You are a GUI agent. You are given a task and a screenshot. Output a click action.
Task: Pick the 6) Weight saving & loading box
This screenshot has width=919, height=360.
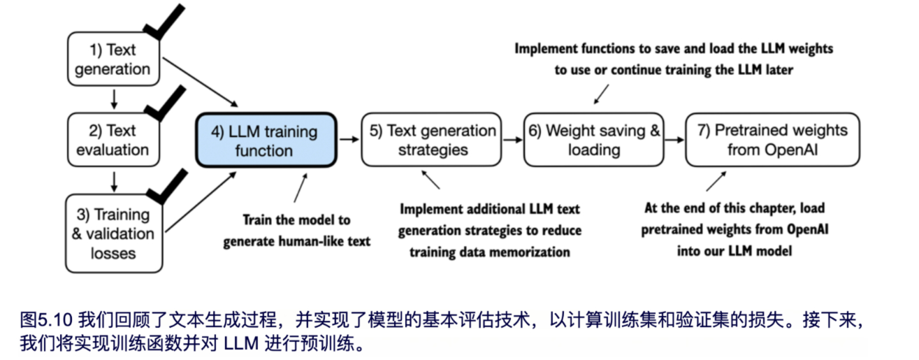(594, 140)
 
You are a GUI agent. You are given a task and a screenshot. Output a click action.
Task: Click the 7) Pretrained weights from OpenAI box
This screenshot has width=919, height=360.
(772, 140)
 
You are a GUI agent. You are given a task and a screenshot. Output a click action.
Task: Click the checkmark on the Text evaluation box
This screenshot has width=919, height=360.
(165, 103)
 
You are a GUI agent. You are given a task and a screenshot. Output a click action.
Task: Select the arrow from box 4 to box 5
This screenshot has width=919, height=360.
(349, 140)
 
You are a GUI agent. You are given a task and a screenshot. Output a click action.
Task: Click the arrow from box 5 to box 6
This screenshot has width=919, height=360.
(513, 140)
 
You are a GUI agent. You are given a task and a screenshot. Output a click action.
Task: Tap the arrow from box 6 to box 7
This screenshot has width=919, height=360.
(674, 140)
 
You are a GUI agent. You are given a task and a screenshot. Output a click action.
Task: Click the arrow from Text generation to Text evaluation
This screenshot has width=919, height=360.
(113, 100)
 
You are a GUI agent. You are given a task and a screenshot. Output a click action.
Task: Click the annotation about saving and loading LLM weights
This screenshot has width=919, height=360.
(674, 59)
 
